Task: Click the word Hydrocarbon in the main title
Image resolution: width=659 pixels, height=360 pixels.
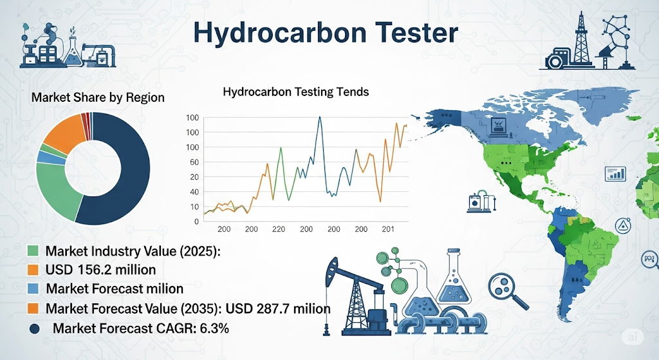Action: click(275, 33)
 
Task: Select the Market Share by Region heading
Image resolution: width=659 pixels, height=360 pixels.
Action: click(98, 98)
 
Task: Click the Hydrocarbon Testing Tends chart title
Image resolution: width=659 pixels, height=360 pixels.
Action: click(296, 91)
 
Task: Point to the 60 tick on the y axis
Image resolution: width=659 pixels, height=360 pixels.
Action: click(194, 162)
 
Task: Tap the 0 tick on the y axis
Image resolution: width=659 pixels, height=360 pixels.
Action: click(196, 222)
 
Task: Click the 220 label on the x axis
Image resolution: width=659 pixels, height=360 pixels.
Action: click(278, 229)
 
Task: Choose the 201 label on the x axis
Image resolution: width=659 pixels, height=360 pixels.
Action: click(388, 229)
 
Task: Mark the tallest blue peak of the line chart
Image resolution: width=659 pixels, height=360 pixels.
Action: click(320, 117)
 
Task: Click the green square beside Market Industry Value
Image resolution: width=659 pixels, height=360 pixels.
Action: click(33, 251)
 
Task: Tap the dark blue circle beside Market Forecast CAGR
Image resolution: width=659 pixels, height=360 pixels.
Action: click(35, 329)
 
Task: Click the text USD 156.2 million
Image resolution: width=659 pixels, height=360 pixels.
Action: click(101, 270)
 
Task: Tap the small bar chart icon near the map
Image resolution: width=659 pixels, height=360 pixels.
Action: click(615, 173)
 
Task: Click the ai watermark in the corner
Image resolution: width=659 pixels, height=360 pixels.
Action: click(632, 337)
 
